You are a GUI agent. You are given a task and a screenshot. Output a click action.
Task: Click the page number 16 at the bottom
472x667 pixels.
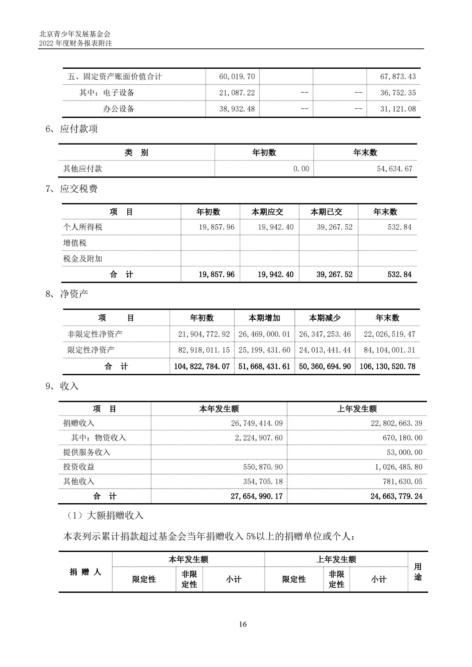pyautogui.click(x=243, y=624)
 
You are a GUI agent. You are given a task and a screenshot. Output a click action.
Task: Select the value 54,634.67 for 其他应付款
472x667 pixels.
pyautogui.click(x=394, y=169)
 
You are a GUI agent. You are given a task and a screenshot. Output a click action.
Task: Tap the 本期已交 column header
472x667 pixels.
pyautogui.click(x=326, y=212)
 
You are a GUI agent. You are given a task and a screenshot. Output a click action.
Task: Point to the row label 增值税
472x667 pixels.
pyautogui.click(x=75, y=243)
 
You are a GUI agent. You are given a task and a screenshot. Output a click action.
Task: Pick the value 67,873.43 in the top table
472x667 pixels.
pyautogui.click(x=398, y=77)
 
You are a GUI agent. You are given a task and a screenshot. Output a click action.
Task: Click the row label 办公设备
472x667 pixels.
pyautogui.click(x=119, y=109)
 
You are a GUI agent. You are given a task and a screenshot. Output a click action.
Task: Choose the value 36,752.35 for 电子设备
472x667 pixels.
pyautogui.click(x=398, y=93)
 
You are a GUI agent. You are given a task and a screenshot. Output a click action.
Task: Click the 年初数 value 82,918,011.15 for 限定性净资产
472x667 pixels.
pyautogui.click(x=204, y=350)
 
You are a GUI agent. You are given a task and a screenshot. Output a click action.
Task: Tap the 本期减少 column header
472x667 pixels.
pyautogui.click(x=325, y=318)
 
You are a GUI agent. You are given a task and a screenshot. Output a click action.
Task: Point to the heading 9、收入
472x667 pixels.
pyautogui.click(x=62, y=386)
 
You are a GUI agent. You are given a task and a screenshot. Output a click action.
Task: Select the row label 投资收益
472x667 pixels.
pyautogui.click(x=79, y=467)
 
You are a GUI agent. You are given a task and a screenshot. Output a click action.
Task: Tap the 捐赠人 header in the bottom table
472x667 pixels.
pyautogui.click(x=85, y=572)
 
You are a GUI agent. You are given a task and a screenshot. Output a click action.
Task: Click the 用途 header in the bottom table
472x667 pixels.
pyautogui.click(x=418, y=572)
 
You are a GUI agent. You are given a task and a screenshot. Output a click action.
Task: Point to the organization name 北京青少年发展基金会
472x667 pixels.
pyautogui.click(x=74, y=34)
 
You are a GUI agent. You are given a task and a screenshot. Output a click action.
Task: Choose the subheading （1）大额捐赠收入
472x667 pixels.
pyautogui.click(x=105, y=516)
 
